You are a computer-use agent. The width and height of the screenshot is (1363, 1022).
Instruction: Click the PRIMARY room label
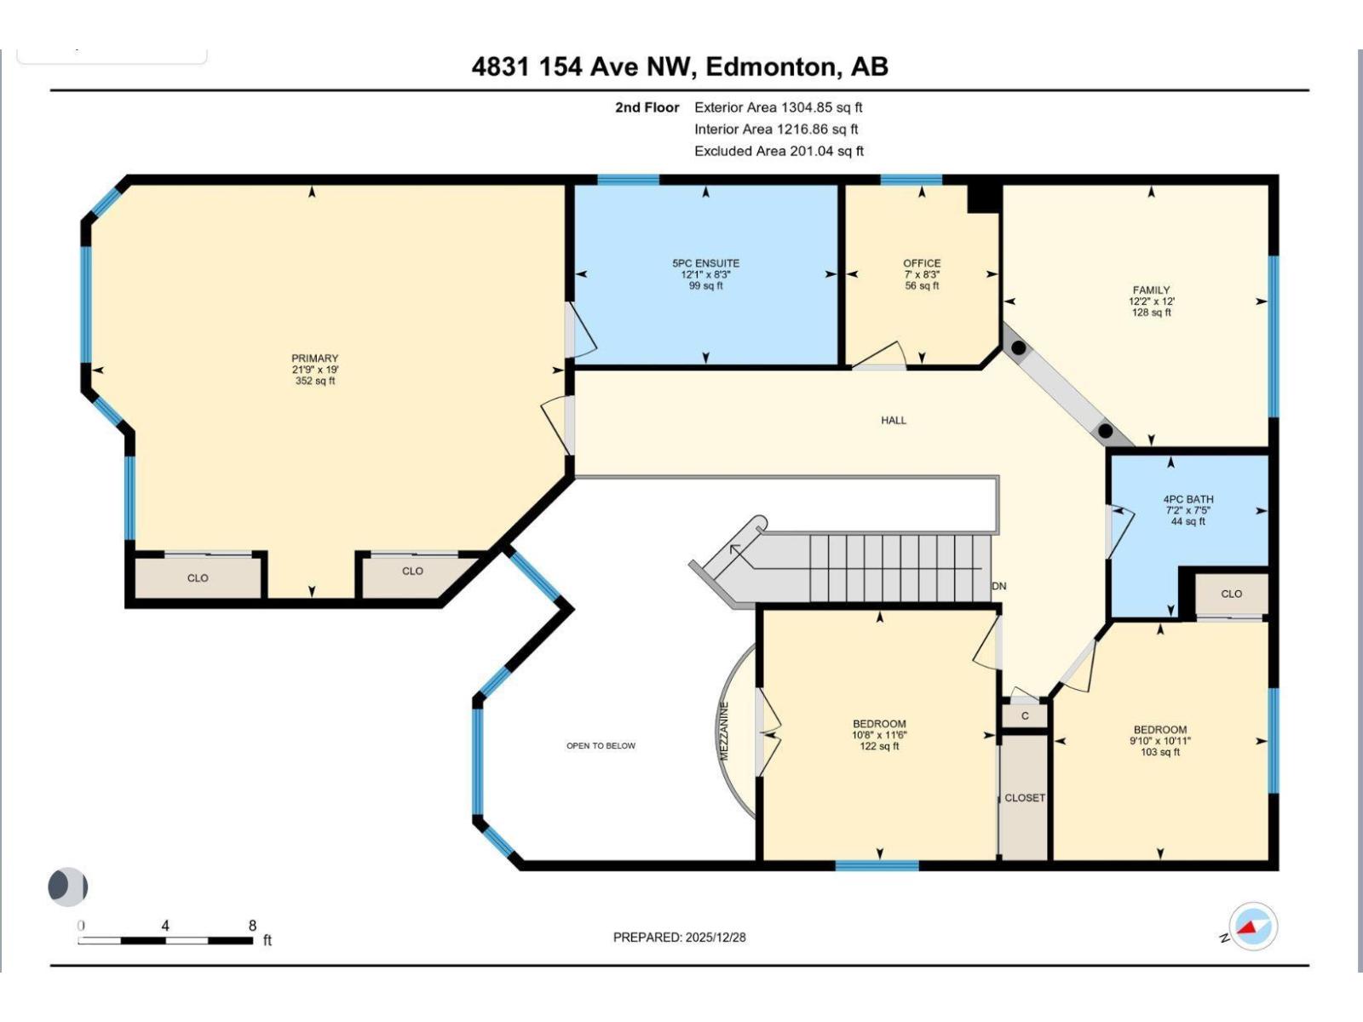[314, 359]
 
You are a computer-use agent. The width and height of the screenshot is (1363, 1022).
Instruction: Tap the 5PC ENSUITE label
[705, 264]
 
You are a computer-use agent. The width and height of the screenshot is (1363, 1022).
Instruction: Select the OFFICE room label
[922, 264]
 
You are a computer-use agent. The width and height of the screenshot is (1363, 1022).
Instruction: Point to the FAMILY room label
[1151, 290]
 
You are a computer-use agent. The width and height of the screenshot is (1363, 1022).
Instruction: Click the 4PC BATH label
[1188, 500]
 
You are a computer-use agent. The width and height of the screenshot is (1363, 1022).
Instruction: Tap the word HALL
[894, 421]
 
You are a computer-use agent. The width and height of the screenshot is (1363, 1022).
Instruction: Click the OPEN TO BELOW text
[601, 746]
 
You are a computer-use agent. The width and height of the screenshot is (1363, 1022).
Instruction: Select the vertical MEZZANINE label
[724, 731]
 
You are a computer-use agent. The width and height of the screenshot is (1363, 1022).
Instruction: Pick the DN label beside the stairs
[999, 587]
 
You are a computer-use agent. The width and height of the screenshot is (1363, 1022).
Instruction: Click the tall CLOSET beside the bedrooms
[1024, 798]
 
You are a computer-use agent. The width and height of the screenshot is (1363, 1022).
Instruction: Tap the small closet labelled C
[1025, 716]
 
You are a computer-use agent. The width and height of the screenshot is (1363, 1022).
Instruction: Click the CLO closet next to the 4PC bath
[1231, 594]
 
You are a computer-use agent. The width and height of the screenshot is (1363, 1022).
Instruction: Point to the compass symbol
[1252, 927]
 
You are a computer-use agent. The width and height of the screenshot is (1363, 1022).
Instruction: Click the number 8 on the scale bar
[252, 926]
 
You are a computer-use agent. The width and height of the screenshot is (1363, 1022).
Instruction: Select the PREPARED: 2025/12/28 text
[679, 938]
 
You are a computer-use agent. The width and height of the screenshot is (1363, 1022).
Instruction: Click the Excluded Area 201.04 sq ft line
[779, 152]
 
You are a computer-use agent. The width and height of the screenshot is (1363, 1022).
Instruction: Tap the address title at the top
[680, 67]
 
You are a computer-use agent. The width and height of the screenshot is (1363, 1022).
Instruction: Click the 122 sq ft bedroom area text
[879, 747]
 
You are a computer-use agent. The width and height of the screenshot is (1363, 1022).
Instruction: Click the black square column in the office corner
[983, 198]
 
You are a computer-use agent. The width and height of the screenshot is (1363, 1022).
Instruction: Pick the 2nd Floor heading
[647, 108]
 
